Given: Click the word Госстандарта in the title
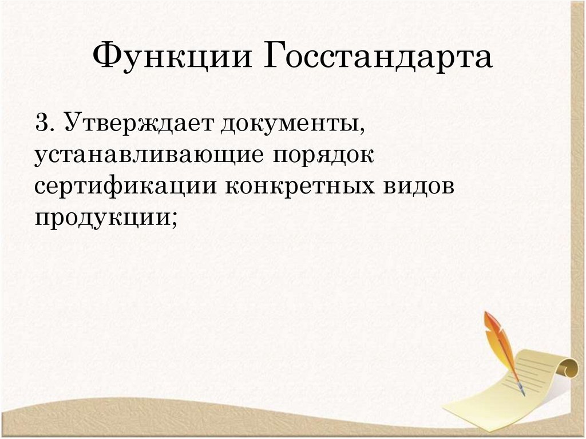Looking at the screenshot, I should [x=378, y=58].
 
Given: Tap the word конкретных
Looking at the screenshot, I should [x=291, y=187].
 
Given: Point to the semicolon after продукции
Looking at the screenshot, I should [x=171, y=221].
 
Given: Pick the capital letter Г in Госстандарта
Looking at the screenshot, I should [x=276, y=58].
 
